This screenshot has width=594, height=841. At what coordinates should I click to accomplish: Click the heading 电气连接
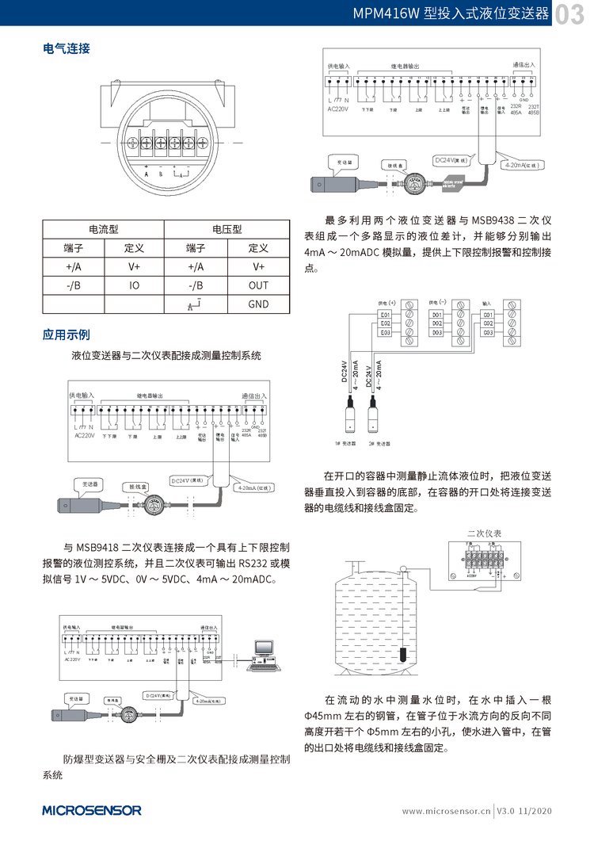66,48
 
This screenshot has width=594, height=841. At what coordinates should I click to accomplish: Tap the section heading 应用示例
66,334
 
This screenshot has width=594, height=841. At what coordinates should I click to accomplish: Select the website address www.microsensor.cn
446,812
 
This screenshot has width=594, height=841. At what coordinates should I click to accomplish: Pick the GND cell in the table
258,304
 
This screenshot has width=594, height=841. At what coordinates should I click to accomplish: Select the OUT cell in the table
258,285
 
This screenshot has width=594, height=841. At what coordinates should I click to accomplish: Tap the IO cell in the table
135,285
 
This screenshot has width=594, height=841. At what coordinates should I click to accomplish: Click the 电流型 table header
103,229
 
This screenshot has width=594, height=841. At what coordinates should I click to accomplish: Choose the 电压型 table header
227,229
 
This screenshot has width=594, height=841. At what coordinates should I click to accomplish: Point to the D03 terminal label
436,333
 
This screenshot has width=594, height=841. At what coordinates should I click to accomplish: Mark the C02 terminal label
488,323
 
